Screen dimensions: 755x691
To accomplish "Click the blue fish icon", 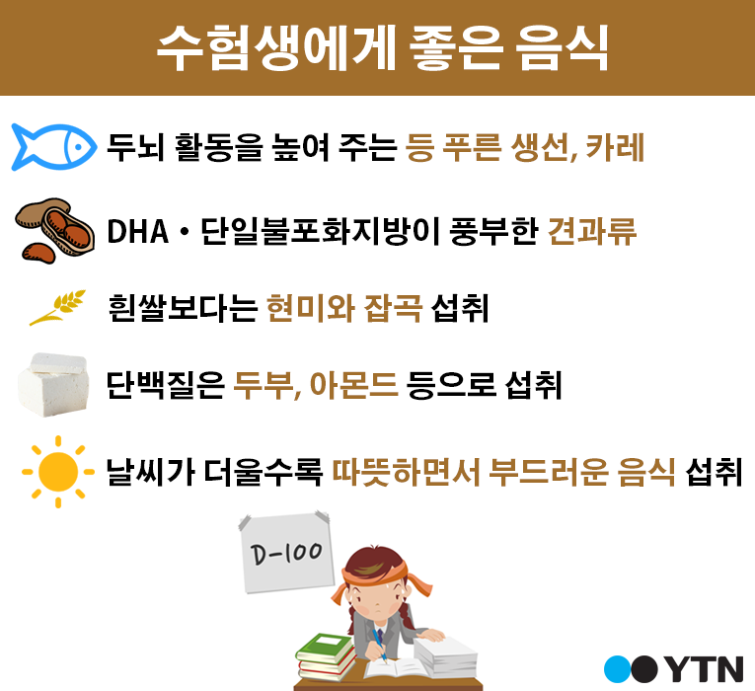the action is click(53, 147).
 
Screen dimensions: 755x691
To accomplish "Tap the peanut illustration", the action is click(54, 230).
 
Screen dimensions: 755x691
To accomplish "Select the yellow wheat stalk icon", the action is click(57, 307).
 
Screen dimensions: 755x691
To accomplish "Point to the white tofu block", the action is click(53, 384).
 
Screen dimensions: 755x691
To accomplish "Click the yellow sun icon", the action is click(58, 472).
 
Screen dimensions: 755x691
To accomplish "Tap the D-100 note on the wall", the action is click(287, 553).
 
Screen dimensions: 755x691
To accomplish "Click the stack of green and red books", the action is click(326, 656).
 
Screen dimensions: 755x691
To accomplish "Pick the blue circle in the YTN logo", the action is click(617, 669).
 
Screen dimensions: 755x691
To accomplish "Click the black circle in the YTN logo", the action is click(644, 669).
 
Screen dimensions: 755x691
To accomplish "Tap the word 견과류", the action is click(592, 231).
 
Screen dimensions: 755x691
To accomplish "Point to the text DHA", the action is click(138, 232).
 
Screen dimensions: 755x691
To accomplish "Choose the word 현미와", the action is click(311, 308).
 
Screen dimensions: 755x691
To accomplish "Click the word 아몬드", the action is click(354, 385).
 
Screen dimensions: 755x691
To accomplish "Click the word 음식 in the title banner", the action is click(563, 47).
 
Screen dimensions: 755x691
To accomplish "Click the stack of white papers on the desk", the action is click(445, 656).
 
